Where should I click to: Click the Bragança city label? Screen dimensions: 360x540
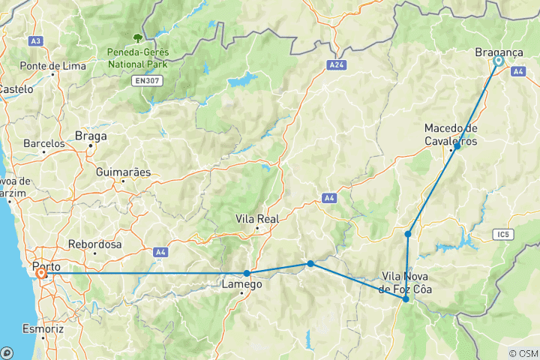coord(499,52)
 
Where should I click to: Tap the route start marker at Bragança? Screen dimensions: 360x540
coord(497,62)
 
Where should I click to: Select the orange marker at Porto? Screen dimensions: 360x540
coord(40,274)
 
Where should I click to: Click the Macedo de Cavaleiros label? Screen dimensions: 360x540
coord(450,133)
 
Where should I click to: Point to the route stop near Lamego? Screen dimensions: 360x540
coord(247,273)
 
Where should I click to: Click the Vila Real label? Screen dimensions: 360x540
coord(257,219)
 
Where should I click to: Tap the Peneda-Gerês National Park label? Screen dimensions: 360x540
coord(137,58)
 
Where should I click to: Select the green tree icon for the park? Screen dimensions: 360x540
coord(137,37)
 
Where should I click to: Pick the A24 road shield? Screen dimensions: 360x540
coord(337,66)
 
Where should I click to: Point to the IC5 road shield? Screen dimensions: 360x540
coord(502,235)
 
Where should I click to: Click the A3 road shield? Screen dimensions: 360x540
coord(35,40)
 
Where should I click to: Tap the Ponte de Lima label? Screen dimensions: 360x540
coord(49,65)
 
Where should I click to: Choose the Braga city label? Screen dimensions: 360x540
coord(91,136)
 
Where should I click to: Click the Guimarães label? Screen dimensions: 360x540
coord(123,172)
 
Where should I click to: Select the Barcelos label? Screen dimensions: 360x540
coord(44,142)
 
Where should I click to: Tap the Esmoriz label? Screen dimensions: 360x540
coord(43,329)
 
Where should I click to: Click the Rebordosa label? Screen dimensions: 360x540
coord(94,244)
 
